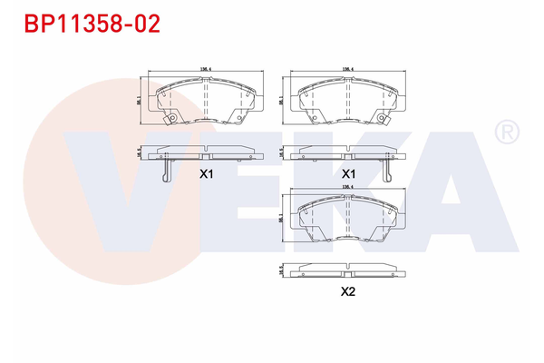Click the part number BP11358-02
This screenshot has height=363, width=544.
(92, 23)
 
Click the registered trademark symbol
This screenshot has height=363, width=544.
(504, 133)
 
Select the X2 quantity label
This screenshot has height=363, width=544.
(346, 291)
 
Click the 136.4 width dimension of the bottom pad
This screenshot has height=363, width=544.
(346, 188)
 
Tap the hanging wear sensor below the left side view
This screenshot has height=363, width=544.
(164, 169)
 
